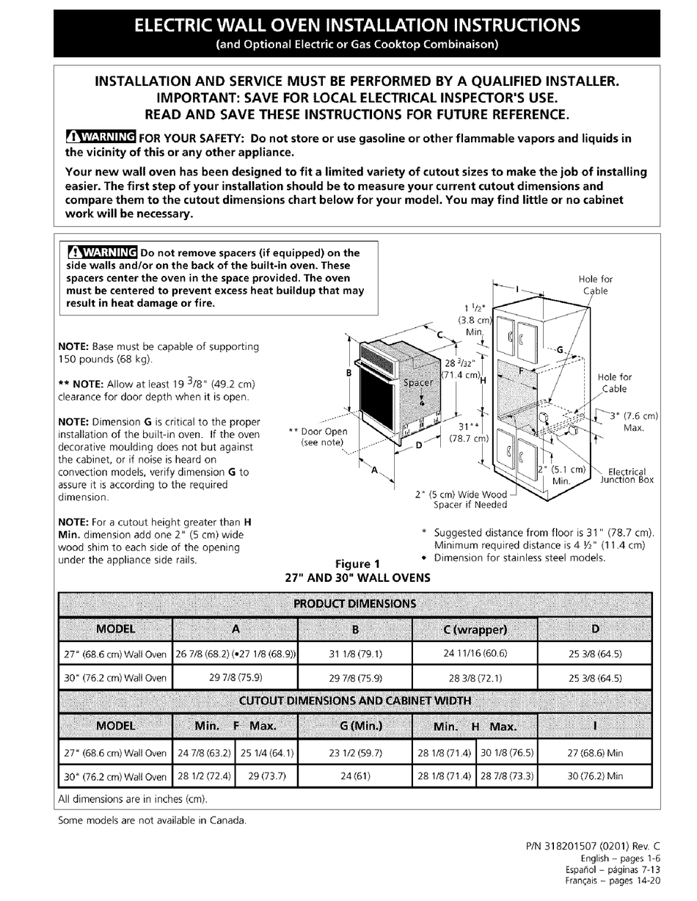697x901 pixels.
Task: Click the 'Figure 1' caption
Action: (x=378, y=564)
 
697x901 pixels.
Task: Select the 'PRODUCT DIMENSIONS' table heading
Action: (x=354, y=604)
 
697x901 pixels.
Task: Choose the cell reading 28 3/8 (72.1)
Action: (x=475, y=678)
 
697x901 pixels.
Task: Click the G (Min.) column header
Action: (x=356, y=726)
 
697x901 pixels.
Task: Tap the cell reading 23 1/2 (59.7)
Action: (x=356, y=752)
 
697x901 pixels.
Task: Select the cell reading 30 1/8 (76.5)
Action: (x=507, y=752)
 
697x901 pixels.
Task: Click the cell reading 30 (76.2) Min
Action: (x=595, y=776)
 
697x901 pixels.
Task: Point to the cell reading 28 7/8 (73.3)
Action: (x=507, y=776)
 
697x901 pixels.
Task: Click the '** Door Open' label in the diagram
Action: (x=318, y=432)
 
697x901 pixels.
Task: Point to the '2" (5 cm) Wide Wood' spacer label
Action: (x=461, y=495)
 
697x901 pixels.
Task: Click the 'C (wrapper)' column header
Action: (x=475, y=629)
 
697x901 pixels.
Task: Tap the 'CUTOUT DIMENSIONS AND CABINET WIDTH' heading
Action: (x=354, y=699)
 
